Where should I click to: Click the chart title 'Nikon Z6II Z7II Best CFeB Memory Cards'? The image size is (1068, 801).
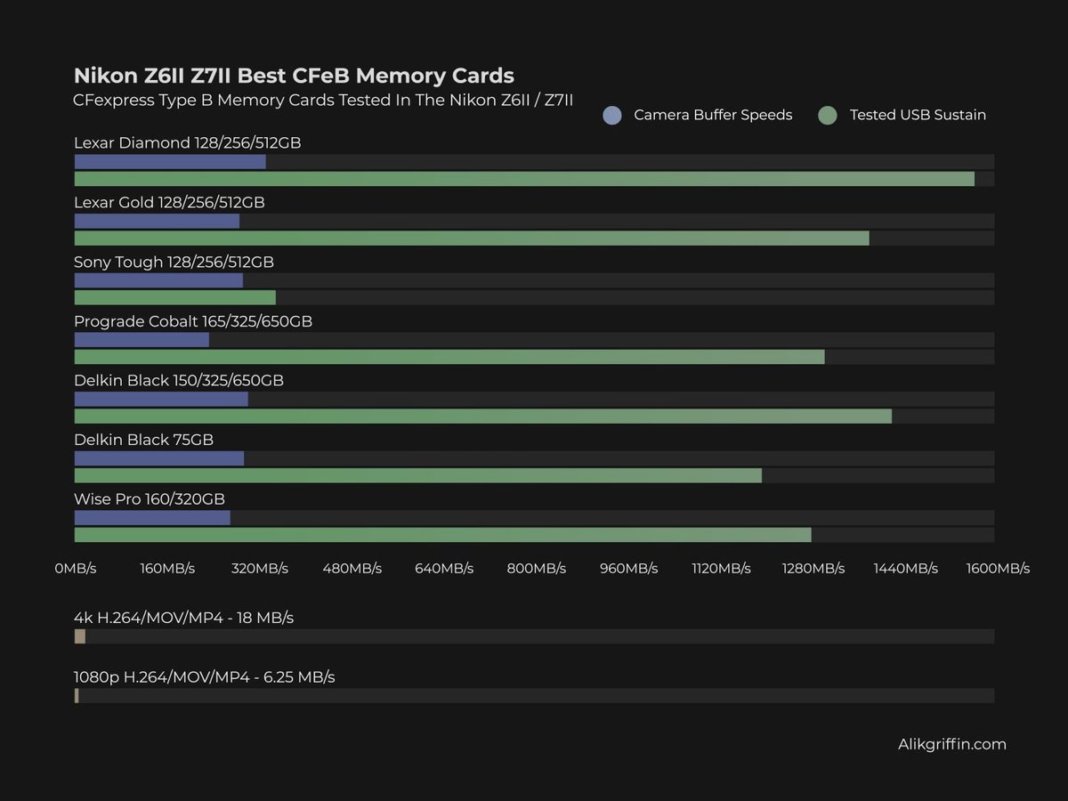point(294,75)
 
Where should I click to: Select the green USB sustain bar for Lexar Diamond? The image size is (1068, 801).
point(524,179)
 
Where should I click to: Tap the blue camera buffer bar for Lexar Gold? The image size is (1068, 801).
point(157,221)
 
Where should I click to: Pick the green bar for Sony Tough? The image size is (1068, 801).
point(174,297)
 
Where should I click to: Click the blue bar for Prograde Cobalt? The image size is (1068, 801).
point(142,340)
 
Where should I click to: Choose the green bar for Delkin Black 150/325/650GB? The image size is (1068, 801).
point(482,417)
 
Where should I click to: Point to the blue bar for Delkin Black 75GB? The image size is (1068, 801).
point(159,458)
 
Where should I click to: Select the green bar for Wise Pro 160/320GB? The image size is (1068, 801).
point(442,535)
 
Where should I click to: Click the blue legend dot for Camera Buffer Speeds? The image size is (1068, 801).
point(612,115)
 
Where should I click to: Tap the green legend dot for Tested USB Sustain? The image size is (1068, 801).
point(828,115)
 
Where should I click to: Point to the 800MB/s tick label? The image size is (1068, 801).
point(537,569)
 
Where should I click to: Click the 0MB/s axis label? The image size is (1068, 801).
point(76,569)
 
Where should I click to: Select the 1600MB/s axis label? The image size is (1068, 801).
point(998,569)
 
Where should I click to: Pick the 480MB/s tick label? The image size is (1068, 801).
point(352,569)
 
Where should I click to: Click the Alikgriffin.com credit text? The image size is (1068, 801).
point(951,744)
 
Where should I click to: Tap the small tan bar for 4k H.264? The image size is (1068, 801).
point(80,636)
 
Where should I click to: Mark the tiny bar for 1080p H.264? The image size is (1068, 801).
point(77,696)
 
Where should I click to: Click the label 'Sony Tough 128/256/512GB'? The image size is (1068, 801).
point(174,263)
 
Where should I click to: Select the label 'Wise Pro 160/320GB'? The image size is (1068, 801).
point(150,499)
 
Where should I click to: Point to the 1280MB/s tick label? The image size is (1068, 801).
point(813,569)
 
